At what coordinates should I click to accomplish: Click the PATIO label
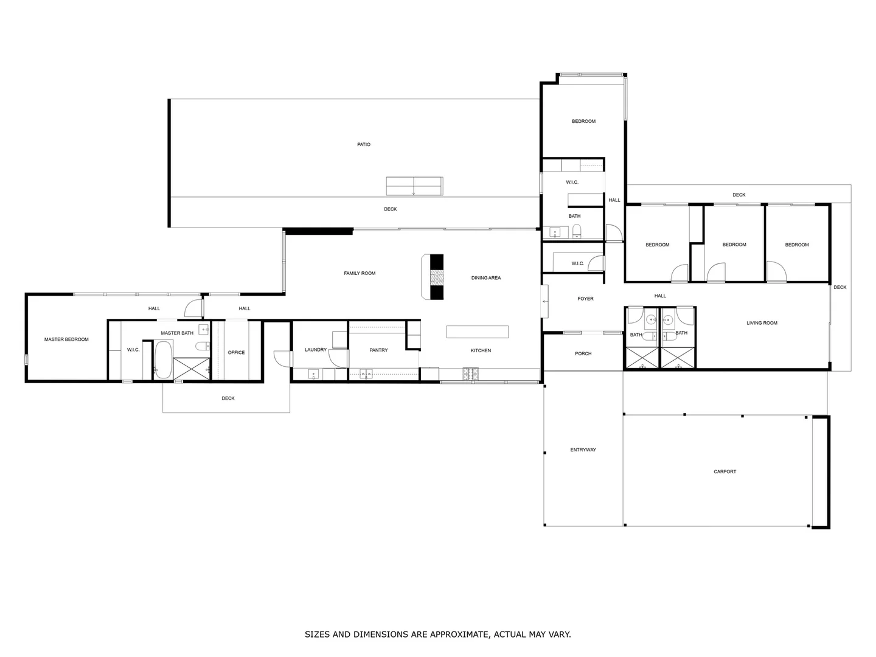click(363, 145)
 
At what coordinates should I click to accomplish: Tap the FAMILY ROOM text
click(360, 274)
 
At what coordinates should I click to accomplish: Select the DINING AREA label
click(486, 278)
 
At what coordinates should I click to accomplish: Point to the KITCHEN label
click(481, 350)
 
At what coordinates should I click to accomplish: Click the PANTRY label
click(378, 350)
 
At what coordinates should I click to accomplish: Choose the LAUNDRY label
click(316, 350)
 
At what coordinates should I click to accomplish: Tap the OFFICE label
click(236, 353)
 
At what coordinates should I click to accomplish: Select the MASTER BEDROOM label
click(66, 339)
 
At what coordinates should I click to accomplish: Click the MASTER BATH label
click(177, 333)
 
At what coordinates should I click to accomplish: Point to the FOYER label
click(585, 299)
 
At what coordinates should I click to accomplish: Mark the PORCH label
click(583, 353)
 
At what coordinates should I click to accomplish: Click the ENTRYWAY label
click(583, 450)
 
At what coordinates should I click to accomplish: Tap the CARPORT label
click(725, 471)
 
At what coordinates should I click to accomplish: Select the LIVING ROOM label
click(762, 323)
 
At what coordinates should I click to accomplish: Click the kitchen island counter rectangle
click(477, 332)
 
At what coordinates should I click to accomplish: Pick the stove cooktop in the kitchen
click(471, 374)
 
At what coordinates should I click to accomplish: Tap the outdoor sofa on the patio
click(414, 186)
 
